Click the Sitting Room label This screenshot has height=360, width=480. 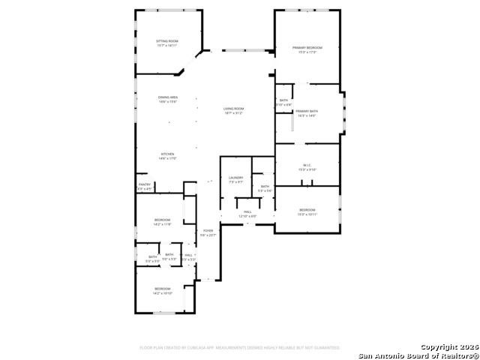click(x=166, y=40)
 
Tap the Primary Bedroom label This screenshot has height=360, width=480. click(x=307, y=47)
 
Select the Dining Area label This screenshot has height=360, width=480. click(x=167, y=97)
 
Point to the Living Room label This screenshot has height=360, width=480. click(x=233, y=109)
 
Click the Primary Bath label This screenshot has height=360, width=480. click(x=307, y=111)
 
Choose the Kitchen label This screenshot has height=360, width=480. click(x=166, y=154)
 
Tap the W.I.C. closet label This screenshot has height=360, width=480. click(x=307, y=165)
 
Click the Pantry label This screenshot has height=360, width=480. click(x=145, y=184)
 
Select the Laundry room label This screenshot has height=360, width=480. click(x=235, y=178)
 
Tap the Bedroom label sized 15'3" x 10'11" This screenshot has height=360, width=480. click(x=307, y=210)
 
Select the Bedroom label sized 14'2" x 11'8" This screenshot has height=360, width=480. click(x=163, y=220)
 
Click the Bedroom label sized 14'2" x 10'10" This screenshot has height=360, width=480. click(x=163, y=289)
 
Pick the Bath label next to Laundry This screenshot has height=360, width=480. click(x=265, y=186)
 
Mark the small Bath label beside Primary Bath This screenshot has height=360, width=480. click(x=283, y=100)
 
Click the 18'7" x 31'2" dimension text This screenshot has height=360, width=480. click(x=233, y=113)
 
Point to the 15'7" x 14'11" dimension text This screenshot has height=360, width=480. click(x=166, y=45)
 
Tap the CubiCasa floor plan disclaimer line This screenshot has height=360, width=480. click(x=239, y=348)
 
